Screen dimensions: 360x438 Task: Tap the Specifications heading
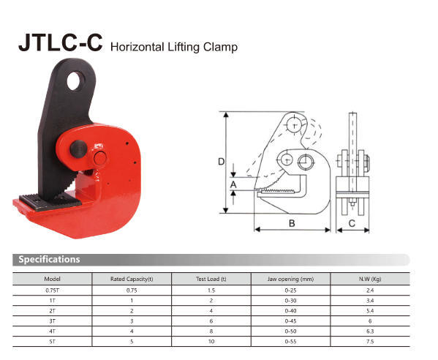50,259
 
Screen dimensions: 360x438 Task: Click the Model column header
52,279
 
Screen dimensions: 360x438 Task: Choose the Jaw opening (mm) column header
291,279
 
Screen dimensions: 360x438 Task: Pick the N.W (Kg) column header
370,279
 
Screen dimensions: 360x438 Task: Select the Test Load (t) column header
211,279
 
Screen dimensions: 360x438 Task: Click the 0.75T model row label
52,290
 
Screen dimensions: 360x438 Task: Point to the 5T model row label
52,341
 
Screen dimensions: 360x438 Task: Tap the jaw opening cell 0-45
291,320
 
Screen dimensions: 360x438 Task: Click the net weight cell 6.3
370,331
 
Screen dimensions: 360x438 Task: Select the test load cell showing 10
211,341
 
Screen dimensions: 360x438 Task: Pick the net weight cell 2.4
370,290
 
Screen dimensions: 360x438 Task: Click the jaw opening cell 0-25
291,290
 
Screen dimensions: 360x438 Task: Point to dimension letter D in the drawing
221,162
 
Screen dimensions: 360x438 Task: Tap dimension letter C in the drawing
352,222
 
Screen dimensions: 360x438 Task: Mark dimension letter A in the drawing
233,186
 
